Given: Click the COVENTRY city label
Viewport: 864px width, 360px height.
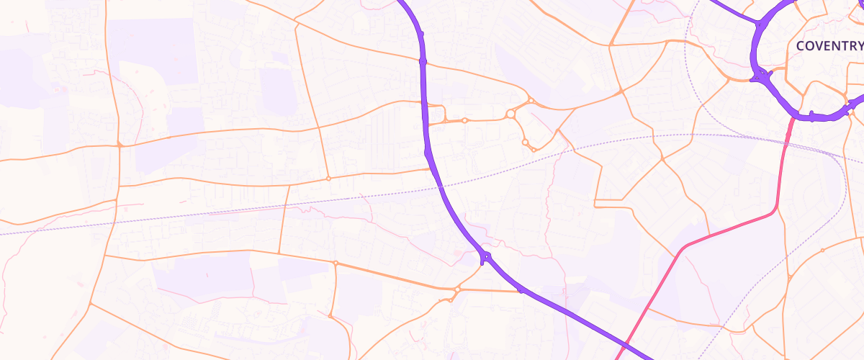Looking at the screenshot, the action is coord(829,46).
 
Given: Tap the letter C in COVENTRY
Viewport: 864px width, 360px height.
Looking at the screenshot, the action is coord(800,46).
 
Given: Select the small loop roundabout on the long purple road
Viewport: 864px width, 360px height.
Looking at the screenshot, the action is coord(487,256).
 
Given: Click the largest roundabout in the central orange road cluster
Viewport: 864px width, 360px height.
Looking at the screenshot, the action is coord(510,114).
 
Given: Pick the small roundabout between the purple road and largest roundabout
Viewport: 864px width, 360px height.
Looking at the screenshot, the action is coord(465,120).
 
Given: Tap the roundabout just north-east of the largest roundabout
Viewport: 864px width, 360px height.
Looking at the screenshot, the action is coord(530,101).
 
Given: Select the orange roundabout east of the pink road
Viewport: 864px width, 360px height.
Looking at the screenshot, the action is coord(822,251).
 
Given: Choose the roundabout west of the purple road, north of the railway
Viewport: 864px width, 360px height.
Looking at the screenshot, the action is coord(328,178).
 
